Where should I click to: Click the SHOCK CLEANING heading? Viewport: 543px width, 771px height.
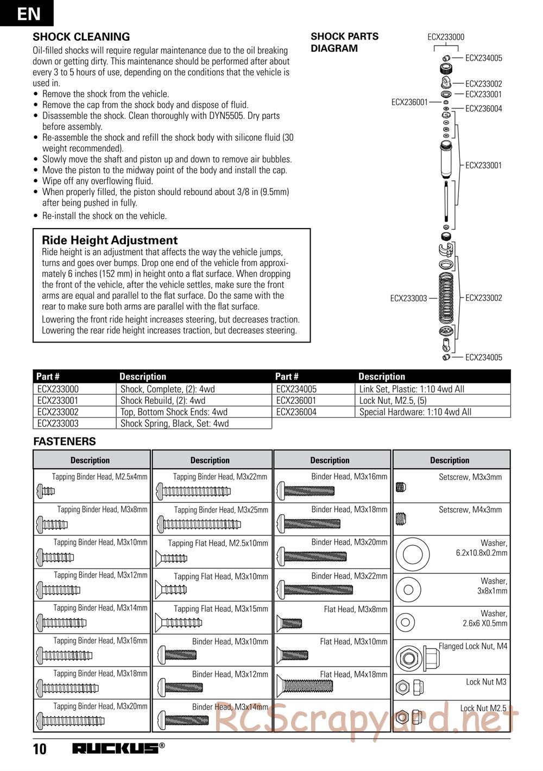pyautogui.click(x=81, y=37)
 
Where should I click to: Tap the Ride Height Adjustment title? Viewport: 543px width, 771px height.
pyautogui.click(x=110, y=240)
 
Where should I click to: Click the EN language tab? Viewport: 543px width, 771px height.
pyautogui.click(x=27, y=13)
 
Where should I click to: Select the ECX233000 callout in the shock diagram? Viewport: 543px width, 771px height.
pyautogui.click(x=446, y=37)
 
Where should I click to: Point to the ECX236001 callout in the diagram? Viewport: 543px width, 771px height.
pyautogui.click(x=409, y=102)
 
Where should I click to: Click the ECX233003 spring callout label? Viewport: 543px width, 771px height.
pyautogui.click(x=408, y=298)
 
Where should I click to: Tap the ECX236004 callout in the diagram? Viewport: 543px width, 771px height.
pyautogui.click(x=484, y=109)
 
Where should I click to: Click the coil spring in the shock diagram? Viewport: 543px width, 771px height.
pyautogui.click(x=446, y=298)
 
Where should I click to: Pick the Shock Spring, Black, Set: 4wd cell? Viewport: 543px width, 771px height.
pyautogui.click(x=174, y=424)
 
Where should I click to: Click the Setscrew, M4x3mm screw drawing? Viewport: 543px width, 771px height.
pyautogui.click(x=401, y=520)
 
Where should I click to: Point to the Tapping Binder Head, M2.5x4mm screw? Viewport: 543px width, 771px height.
pyautogui.click(x=46, y=491)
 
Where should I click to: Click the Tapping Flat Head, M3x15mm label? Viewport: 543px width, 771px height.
pyautogui.click(x=220, y=609)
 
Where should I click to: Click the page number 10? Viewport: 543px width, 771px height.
pyautogui.click(x=40, y=749)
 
